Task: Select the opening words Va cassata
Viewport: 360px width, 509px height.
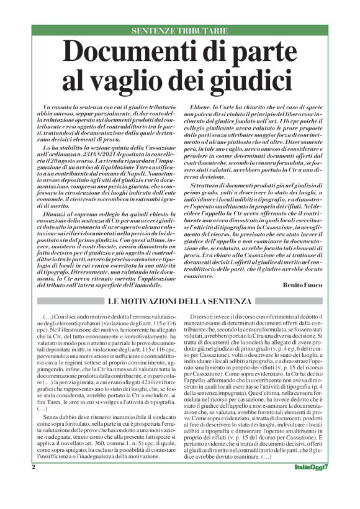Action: coord(54,109)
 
